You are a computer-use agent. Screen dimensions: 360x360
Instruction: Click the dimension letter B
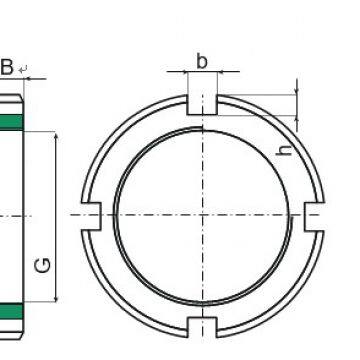click(x=7, y=67)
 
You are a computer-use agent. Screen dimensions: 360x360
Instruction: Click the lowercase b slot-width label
click(x=201, y=62)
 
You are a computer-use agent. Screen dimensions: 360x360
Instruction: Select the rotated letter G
click(x=44, y=266)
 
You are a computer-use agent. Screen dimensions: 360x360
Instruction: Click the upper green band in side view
click(x=12, y=121)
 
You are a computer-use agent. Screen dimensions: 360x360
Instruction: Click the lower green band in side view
click(x=12, y=308)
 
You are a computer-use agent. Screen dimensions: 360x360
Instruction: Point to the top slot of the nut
click(x=202, y=104)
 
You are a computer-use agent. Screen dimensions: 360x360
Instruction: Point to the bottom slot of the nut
click(x=202, y=326)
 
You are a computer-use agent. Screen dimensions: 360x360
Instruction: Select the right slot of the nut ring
click(x=314, y=215)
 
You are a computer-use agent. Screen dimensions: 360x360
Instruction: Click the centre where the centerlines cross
click(x=202, y=215)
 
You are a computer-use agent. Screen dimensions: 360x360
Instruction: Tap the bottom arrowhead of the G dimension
click(x=57, y=296)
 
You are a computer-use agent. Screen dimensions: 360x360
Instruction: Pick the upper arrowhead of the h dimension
click(x=299, y=92)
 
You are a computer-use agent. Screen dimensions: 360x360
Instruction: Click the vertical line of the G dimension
click(x=57, y=215)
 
